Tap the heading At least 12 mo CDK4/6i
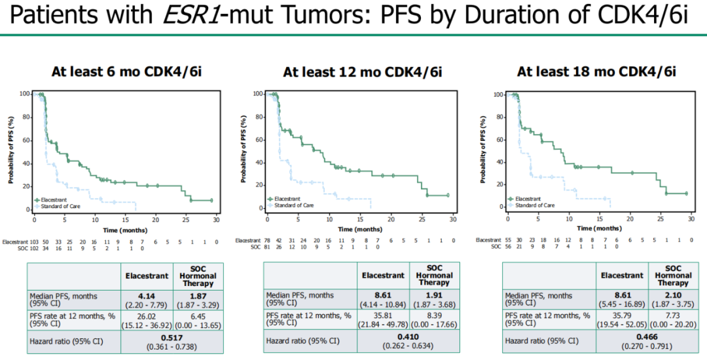(x=362, y=72)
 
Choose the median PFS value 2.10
(x=672, y=296)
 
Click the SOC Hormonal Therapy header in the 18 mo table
(x=673, y=276)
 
